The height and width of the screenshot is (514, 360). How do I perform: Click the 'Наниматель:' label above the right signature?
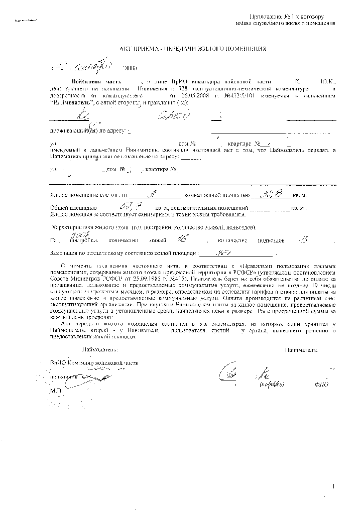301,349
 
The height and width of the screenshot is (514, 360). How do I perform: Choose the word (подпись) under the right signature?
272,384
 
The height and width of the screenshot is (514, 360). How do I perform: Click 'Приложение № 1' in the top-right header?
290,17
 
